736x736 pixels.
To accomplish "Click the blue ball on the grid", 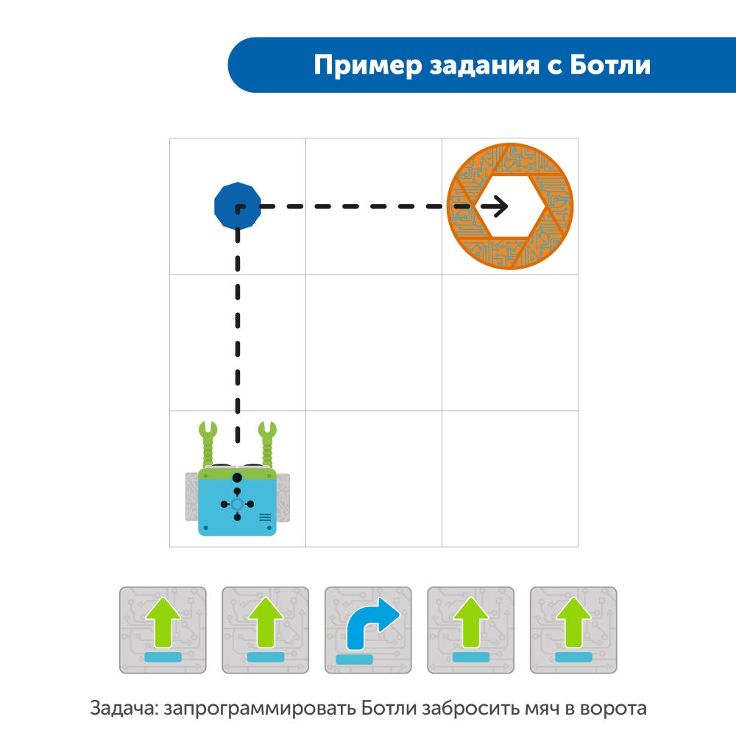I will pos(237,208).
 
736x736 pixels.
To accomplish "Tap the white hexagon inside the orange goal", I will pos(511,207).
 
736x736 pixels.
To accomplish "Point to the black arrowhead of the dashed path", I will pos(500,207).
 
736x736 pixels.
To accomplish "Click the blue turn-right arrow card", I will pos(368,629).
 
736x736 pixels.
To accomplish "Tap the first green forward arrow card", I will pos(163,629).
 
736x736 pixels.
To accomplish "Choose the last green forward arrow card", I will pos(573,629).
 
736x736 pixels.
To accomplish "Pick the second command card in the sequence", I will pos(265,629).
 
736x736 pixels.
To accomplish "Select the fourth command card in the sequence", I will pos(470,629).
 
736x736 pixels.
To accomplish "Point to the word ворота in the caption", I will pos(613,709).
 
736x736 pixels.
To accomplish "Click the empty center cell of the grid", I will pos(373,342).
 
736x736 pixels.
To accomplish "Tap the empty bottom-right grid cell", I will pos(509,478).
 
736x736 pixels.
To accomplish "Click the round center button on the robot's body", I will pos(237,503).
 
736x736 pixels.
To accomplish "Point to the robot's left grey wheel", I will pos(191,496).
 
